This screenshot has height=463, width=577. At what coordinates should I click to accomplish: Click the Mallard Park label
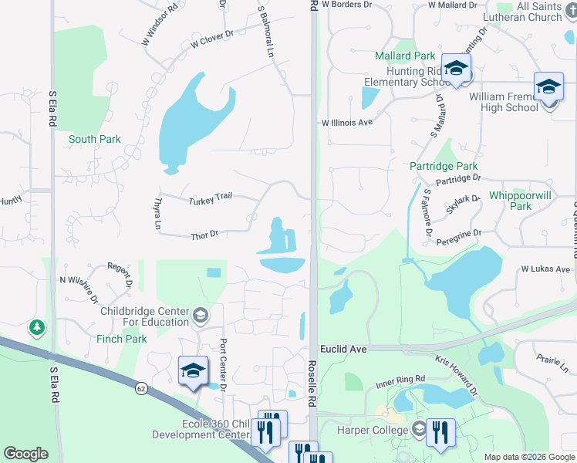pos(405,56)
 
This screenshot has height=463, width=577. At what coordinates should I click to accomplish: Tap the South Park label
pos(94,139)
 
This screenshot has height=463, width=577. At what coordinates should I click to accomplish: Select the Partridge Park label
pos(444,166)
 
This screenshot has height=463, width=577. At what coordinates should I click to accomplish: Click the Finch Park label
pos(122,339)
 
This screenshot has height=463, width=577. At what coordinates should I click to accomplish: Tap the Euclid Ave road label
pos(342,349)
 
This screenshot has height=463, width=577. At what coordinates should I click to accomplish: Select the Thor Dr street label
pos(204,235)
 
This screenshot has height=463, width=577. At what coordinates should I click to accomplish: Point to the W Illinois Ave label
pos(347,122)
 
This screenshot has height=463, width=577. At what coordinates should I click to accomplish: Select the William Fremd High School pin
pos(548,87)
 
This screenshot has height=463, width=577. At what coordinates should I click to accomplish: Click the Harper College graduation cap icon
pos(419,429)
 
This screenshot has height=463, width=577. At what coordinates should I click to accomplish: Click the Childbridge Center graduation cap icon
pos(200,313)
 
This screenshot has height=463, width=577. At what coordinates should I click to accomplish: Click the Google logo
pos(25,454)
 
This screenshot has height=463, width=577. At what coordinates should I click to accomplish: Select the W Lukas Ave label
pos(545,269)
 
